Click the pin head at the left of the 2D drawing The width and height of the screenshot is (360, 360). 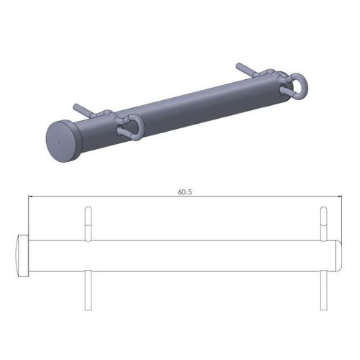point(22,255)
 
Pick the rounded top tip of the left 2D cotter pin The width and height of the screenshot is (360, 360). point(88,209)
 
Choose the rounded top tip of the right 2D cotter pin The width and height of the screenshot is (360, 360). point(323,209)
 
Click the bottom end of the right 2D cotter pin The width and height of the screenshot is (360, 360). point(323,309)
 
